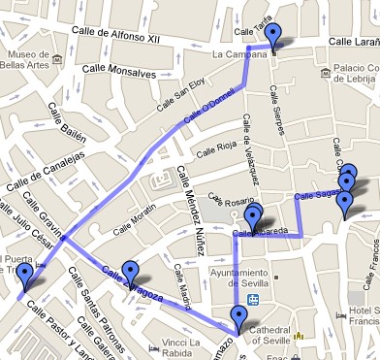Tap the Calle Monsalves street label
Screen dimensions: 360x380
click(119, 71)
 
